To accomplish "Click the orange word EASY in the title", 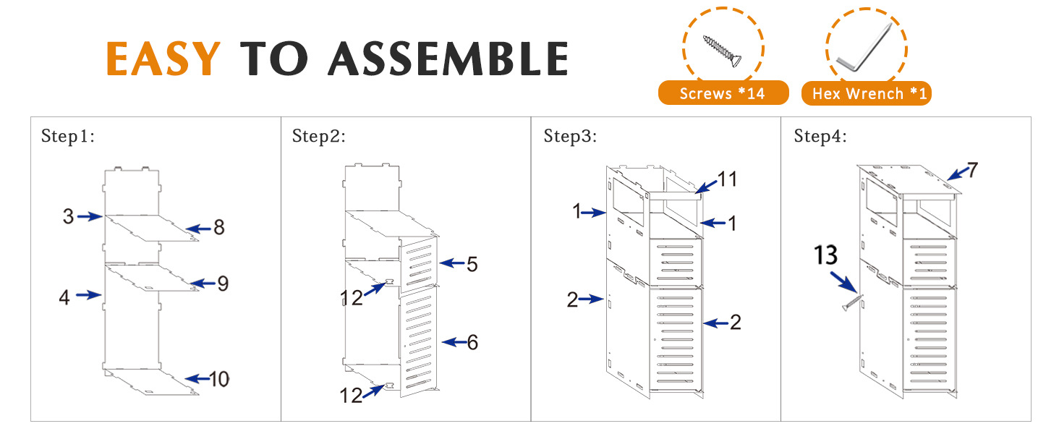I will [x=163, y=59].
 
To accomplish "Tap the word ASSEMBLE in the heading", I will [x=448, y=59].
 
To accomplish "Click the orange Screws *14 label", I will [x=722, y=93].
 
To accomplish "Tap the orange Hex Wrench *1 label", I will [x=866, y=93].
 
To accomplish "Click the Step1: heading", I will [x=67, y=136].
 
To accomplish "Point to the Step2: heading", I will [x=318, y=136].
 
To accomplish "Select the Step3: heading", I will [x=570, y=136].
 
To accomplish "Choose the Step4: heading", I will [x=820, y=136].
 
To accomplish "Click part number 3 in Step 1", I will [x=68, y=216].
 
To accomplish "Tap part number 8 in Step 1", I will [x=218, y=228].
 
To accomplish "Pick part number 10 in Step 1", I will [x=219, y=378].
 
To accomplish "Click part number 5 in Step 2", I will [x=472, y=264].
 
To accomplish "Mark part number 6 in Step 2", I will [x=472, y=342].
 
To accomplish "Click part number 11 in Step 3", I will [x=727, y=179].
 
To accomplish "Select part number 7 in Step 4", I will [x=972, y=171].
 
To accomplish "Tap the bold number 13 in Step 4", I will [x=825, y=255].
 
